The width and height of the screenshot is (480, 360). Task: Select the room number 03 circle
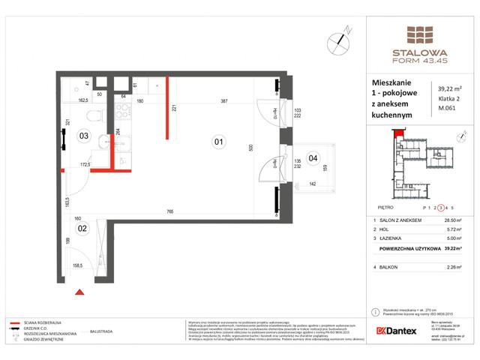[84, 136]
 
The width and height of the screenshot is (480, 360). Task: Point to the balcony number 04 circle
[313, 157]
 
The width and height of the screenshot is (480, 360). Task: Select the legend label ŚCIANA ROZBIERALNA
[43, 320]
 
